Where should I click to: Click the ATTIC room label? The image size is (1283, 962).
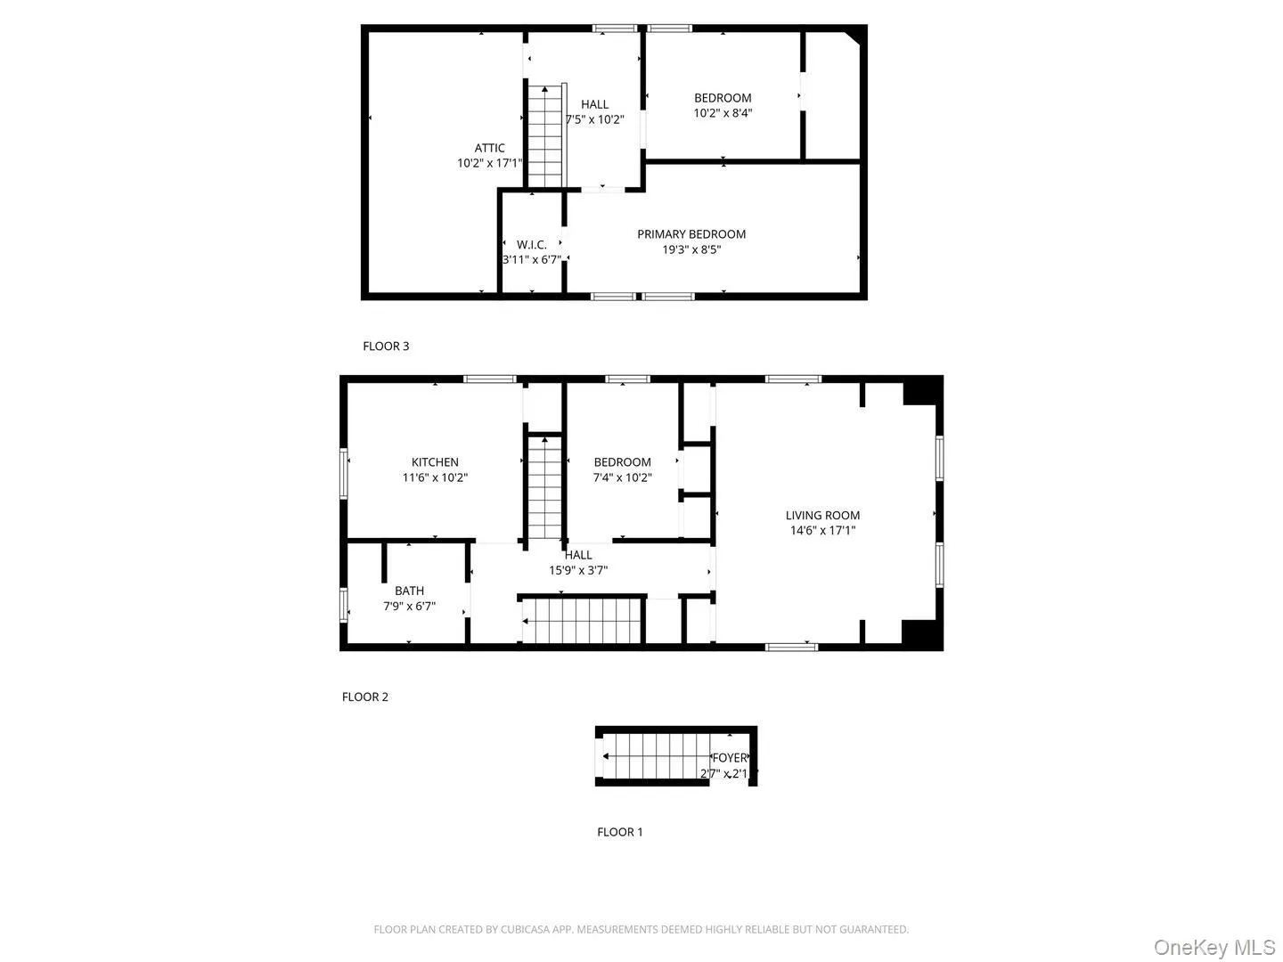tap(489, 149)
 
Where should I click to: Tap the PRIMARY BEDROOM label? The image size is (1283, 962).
tap(691, 234)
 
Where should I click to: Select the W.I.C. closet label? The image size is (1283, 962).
tap(532, 245)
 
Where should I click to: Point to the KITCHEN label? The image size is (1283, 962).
tap(435, 462)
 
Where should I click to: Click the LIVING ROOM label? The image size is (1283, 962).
tap(822, 515)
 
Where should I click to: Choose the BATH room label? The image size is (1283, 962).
tap(409, 591)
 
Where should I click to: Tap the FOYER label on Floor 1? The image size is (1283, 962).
tap(729, 758)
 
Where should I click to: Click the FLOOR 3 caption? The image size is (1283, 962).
tap(386, 346)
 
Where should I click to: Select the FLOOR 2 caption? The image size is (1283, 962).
tap(365, 697)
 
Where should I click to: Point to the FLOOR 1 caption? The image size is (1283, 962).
tap(619, 832)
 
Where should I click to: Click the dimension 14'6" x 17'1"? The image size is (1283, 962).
tap(822, 531)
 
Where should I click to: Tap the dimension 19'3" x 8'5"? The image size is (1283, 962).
tap(691, 250)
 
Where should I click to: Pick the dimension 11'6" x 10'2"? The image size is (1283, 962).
tap(435, 477)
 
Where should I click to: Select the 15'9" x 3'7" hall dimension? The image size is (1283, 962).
tap(578, 570)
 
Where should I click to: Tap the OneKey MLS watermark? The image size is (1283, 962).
tap(1214, 947)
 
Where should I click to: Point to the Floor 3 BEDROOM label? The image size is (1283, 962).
tap(723, 98)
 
